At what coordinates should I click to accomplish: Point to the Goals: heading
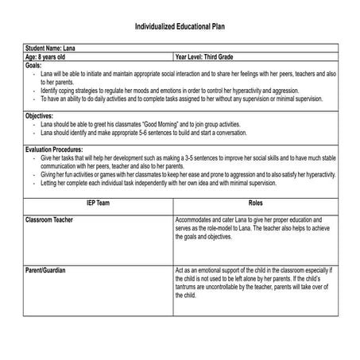(x=33, y=65)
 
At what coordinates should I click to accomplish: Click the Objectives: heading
(x=40, y=116)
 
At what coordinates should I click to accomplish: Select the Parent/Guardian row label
(x=45, y=270)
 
